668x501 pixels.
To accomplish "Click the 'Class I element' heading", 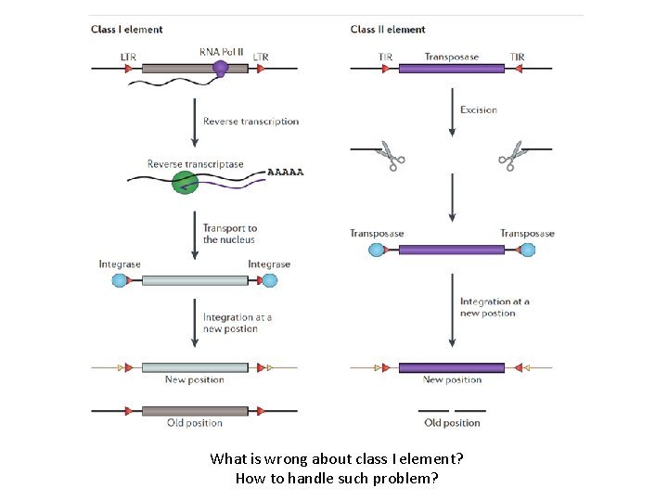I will click(x=126, y=30).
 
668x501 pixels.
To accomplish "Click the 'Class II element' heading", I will click(x=388, y=30).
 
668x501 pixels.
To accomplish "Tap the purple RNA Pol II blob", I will click(x=221, y=68).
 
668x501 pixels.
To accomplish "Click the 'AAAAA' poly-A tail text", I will click(x=286, y=172).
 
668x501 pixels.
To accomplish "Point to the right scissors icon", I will click(x=511, y=156).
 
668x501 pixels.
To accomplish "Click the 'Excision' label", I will click(x=479, y=109).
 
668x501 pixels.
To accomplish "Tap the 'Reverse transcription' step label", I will click(x=251, y=122).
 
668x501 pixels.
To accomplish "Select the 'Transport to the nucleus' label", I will click(x=230, y=234).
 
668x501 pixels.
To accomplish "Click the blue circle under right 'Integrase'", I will click(x=270, y=281).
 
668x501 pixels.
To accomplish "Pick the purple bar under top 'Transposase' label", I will click(x=452, y=70).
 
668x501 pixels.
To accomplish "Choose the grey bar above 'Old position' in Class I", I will click(x=195, y=409).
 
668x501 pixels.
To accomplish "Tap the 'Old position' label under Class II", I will click(x=452, y=423).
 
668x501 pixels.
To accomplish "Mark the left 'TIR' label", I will click(x=385, y=58).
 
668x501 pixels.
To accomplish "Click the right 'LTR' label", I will click(x=261, y=58).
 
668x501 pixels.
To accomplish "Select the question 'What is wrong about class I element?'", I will click(x=337, y=458).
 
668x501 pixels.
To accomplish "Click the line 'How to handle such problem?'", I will click(x=337, y=479).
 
